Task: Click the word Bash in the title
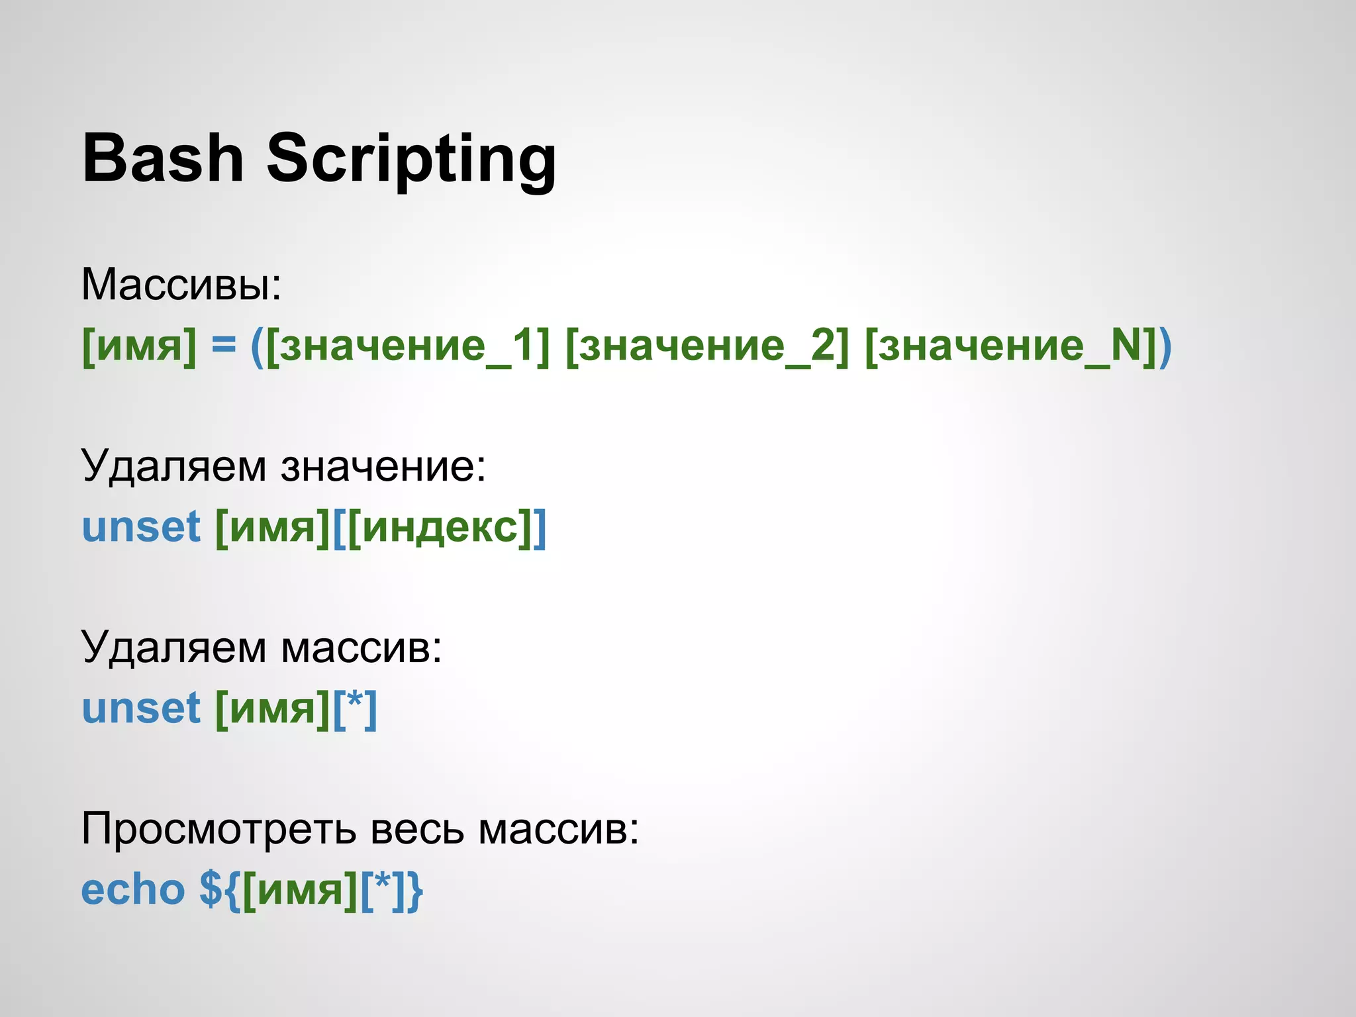pos(163,159)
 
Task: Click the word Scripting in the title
pos(411,159)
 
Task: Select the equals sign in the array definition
pos(224,345)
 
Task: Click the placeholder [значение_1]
pos(408,345)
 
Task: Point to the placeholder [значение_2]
pos(707,345)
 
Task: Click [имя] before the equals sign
pos(139,345)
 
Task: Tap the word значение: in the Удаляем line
pos(383,466)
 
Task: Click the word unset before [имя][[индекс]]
pos(141,527)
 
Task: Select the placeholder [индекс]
pos(440,527)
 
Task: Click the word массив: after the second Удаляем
pos(361,647)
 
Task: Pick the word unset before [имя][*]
pos(141,708)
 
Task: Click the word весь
pos(417,828)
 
